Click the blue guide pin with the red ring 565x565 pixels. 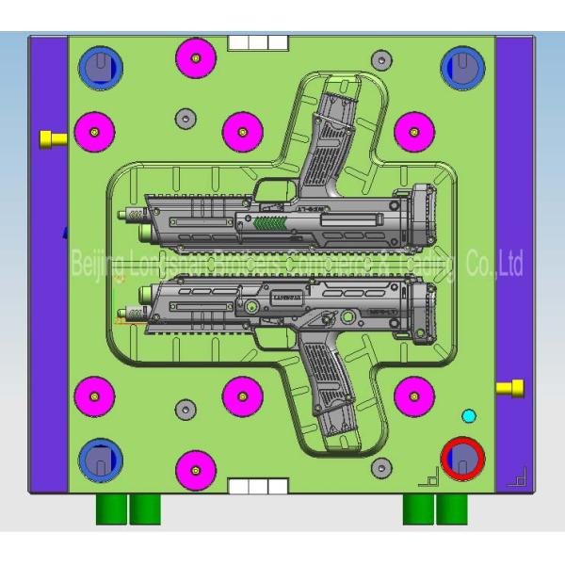462,459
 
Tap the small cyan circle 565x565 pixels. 469,414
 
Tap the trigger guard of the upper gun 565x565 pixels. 276,187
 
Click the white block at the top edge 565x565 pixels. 257,42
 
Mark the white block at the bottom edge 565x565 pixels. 257,486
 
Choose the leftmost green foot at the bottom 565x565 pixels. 111,508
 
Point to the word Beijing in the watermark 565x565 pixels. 95,266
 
